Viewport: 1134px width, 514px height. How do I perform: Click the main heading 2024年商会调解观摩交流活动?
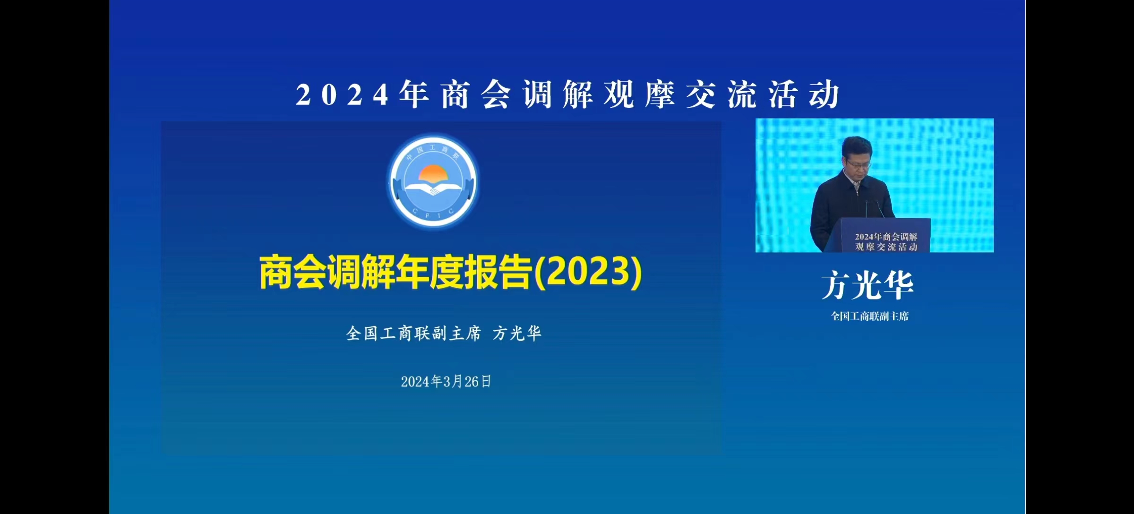567,94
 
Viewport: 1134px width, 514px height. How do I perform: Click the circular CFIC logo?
433,181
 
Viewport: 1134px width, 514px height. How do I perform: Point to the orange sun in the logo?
433,173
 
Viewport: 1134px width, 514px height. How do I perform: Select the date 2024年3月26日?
446,381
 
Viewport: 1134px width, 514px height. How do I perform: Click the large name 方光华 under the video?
868,285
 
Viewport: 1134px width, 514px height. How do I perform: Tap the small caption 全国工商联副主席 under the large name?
870,316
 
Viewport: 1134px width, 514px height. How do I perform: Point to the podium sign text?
886,241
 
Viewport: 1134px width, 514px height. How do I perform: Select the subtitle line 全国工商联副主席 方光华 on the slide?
444,334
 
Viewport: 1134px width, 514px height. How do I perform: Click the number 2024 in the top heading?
342,95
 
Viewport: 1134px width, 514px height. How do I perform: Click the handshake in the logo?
432,190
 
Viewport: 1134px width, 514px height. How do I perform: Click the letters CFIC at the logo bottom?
433,214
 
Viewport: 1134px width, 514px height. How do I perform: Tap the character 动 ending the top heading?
824,94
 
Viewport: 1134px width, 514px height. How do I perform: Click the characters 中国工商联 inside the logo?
432,152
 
